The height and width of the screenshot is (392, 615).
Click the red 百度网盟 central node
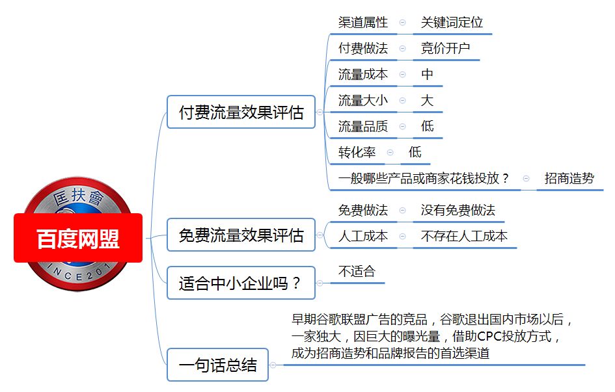click(x=78, y=238)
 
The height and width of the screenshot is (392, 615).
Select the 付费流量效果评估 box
click(x=241, y=112)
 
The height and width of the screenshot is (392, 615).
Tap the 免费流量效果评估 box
click(x=241, y=235)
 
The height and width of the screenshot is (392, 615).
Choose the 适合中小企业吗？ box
click(x=241, y=283)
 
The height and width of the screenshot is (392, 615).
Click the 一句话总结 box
click(x=217, y=365)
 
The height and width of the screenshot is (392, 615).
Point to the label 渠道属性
click(x=362, y=22)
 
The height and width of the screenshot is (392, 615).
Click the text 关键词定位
click(x=452, y=22)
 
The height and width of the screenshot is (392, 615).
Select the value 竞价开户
click(x=445, y=48)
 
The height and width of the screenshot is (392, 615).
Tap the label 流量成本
click(x=362, y=74)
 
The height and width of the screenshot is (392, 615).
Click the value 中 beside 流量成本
click(x=427, y=74)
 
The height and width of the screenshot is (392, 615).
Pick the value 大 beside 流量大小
click(x=427, y=100)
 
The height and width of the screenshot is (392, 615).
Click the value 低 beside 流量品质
click(x=427, y=126)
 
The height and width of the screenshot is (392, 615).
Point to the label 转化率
click(x=357, y=152)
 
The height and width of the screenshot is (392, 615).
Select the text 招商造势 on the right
click(x=569, y=179)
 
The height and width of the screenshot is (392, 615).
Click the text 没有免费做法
click(x=458, y=210)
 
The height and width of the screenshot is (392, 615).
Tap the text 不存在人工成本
click(x=464, y=236)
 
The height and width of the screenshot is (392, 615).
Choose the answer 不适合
click(x=357, y=271)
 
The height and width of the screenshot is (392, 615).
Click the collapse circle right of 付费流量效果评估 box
click(x=320, y=112)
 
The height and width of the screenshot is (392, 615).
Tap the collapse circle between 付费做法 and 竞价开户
click(x=402, y=49)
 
